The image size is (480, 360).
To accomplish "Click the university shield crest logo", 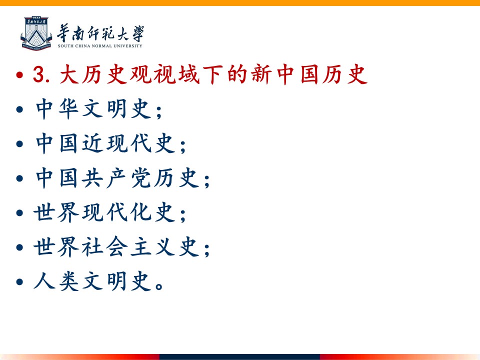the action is [36, 33].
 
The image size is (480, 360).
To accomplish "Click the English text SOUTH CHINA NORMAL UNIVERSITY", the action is [100, 46].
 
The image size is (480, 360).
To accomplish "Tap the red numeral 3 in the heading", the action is [38, 74].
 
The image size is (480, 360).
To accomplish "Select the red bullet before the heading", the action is [19, 75].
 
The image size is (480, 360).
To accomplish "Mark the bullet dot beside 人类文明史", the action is [19, 281].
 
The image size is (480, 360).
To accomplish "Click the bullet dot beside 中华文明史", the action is [19, 109].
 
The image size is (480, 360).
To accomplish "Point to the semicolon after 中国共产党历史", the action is [207, 180].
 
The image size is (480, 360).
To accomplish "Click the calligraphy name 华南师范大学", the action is [100, 33].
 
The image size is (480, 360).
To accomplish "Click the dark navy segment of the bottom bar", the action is [239, 357].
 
